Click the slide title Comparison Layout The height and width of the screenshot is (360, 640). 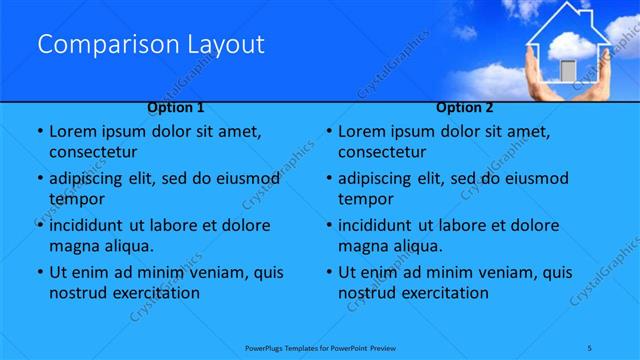coord(150,44)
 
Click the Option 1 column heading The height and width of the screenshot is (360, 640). coord(176,107)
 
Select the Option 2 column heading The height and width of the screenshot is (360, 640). coord(465,107)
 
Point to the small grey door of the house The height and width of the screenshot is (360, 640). coord(567,71)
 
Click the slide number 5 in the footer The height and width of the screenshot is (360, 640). coord(590,347)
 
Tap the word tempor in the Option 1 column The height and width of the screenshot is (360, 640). coord(76,199)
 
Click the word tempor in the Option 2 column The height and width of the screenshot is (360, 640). coord(366,199)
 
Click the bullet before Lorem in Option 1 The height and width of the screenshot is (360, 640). coord(38,131)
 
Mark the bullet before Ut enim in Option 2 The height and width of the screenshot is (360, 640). coord(328,272)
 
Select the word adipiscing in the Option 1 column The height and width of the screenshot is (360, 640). coord(93,178)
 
